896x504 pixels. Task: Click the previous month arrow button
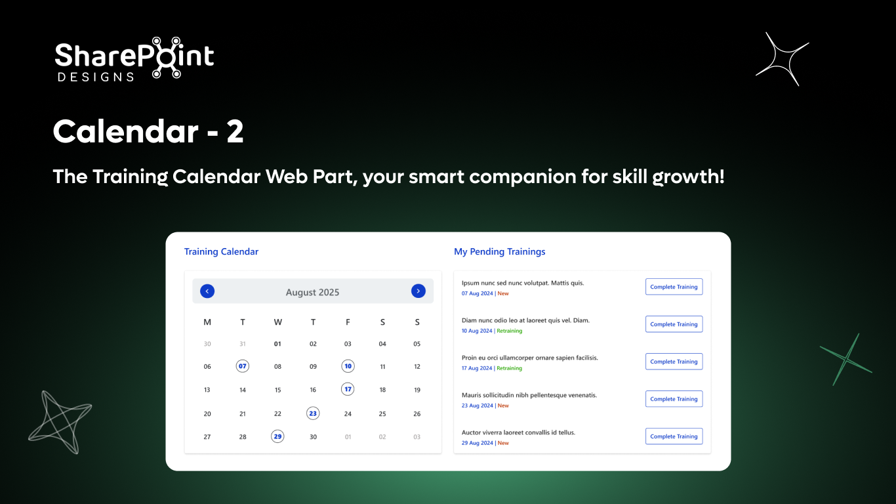point(207,291)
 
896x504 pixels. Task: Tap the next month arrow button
point(418,291)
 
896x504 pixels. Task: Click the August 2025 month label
point(312,292)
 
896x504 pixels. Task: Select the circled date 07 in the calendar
point(243,366)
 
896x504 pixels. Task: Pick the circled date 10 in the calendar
point(348,366)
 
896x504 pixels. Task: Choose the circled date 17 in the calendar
point(348,389)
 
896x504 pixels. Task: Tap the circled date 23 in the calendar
point(313,413)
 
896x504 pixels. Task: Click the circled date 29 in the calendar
point(277,436)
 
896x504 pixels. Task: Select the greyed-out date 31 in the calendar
point(243,344)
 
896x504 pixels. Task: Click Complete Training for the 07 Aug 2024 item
point(674,287)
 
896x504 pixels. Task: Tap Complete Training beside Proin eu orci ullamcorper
point(674,362)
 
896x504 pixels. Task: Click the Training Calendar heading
point(221,252)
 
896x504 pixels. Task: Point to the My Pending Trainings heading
point(499,252)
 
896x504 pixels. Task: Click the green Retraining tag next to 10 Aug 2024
point(510,331)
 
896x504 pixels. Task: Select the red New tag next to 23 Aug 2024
point(503,406)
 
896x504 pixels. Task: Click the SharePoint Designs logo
point(134,58)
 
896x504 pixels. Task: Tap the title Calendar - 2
point(148,132)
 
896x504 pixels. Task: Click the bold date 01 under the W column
point(277,344)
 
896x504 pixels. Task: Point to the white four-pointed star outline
point(782,59)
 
